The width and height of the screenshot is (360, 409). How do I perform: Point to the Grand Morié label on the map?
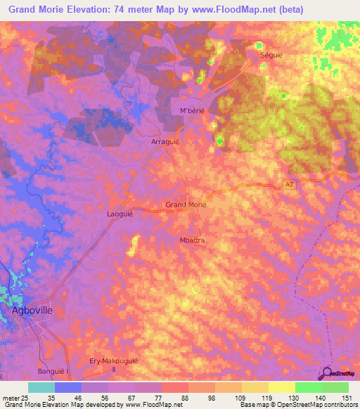[186, 204]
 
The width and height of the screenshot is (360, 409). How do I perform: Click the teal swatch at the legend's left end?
[41, 387]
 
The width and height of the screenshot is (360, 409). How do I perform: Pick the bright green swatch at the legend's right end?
[335, 387]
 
